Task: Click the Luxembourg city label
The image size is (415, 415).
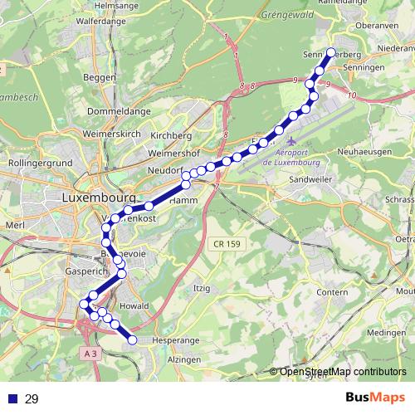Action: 98,198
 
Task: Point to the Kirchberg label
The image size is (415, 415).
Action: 172,134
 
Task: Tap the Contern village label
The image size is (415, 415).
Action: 331,293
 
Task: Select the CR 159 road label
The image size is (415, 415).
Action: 225,243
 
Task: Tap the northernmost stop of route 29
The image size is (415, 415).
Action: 330,52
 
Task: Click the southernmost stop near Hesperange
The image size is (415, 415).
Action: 132,339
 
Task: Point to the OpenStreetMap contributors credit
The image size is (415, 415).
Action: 342,372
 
